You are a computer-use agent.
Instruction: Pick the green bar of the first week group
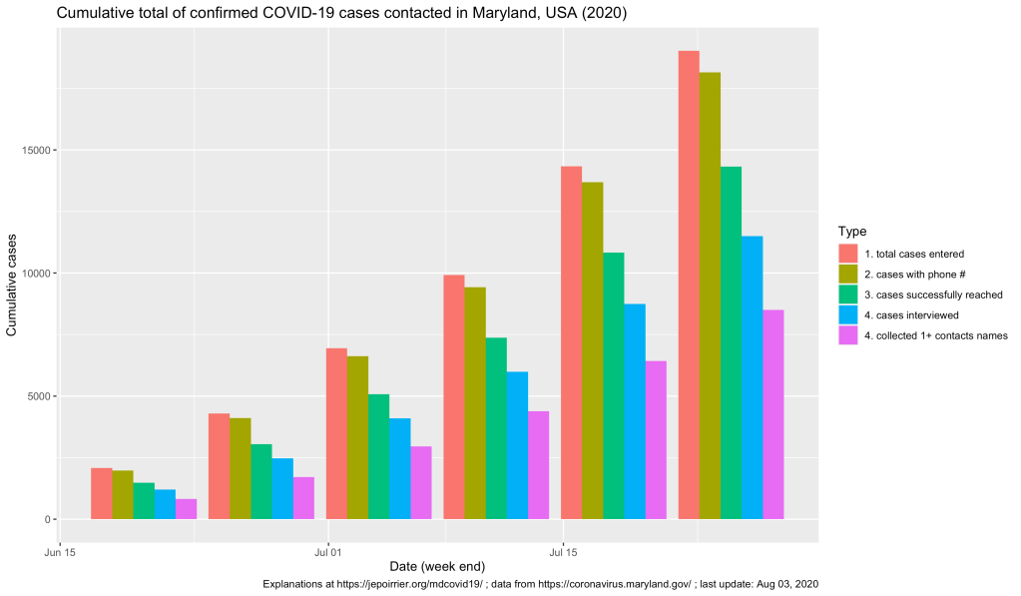[x=144, y=500]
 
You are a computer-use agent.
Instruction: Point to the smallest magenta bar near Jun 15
[x=186, y=509]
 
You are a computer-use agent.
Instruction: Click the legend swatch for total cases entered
[x=849, y=254]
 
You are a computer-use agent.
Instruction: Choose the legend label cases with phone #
[x=914, y=275]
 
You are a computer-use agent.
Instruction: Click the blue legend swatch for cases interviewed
[x=849, y=315]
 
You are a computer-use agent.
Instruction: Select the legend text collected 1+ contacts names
[x=936, y=335]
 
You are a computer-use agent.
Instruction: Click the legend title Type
[x=852, y=232]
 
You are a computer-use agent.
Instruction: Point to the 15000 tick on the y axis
[x=39, y=151]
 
